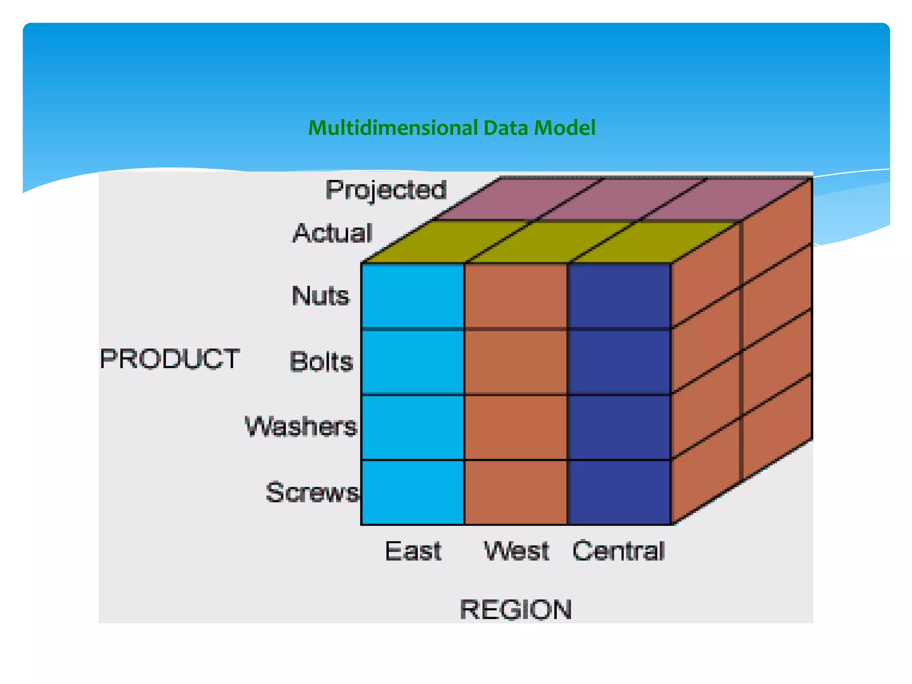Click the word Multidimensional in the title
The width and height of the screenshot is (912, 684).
click(x=394, y=128)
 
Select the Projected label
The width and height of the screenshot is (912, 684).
click(x=386, y=190)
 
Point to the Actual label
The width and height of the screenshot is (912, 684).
click(x=332, y=233)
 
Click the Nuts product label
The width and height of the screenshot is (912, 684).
click(x=321, y=296)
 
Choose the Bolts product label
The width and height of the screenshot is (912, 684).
click(x=321, y=361)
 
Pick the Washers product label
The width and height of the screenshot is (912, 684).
click(x=301, y=426)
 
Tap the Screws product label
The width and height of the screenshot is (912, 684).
click(x=312, y=492)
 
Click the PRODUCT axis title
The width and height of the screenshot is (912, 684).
click(x=170, y=359)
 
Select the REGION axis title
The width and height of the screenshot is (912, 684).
click(x=516, y=609)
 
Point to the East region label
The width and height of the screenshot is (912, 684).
click(x=413, y=551)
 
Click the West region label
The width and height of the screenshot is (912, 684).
click(x=517, y=551)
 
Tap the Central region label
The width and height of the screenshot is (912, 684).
click(x=619, y=551)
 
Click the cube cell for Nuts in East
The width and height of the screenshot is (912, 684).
click(x=413, y=296)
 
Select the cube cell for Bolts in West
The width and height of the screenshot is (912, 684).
click(x=516, y=362)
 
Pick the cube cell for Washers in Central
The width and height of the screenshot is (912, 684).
click(x=619, y=427)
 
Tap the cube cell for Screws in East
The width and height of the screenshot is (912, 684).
click(x=413, y=492)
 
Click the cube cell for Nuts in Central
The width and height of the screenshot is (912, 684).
click(x=619, y=296)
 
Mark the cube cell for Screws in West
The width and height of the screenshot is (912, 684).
click(x=516, y=492)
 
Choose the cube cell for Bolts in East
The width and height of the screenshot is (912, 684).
click(x=413, y=362)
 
